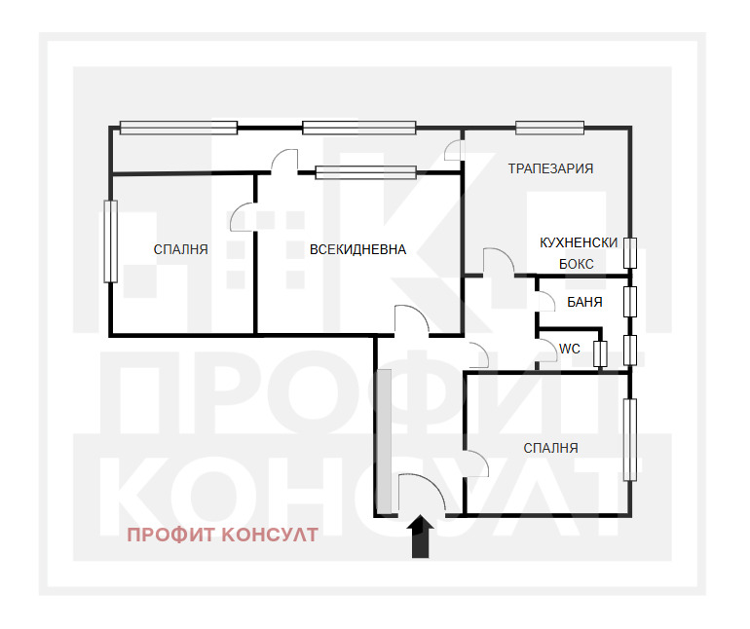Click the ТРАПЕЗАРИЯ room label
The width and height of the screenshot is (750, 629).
(x=550, y=168)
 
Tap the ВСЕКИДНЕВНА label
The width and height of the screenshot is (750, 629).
(x=357, y=249)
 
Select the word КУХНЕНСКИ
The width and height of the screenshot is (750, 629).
(x=579, y=242)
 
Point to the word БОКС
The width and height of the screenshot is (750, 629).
(x=577, y=264)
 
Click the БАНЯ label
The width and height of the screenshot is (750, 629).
(x=584, y=302)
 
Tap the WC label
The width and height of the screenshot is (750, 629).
(x=570, y=349)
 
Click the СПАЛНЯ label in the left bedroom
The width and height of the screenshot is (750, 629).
(x=181, y=249)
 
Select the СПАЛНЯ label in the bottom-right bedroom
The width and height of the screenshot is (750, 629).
(x=550, y=448)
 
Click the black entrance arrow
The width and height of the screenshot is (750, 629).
(x=421, y=536)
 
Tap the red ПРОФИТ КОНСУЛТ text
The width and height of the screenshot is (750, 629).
(x=222, y=535)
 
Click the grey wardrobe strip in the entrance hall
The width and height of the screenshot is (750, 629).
(x=384, y=440)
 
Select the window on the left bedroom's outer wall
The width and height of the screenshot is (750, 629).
(x=110, y=241)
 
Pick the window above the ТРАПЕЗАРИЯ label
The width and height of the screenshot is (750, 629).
(x=550, y=128)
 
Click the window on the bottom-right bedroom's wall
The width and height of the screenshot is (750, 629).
(x=630, y=439)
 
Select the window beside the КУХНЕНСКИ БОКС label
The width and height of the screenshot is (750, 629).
(x=630, y=253)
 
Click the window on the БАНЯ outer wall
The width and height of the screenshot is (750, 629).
(x=630, y=301)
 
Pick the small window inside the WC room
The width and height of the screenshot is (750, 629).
(x=600, y=354)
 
